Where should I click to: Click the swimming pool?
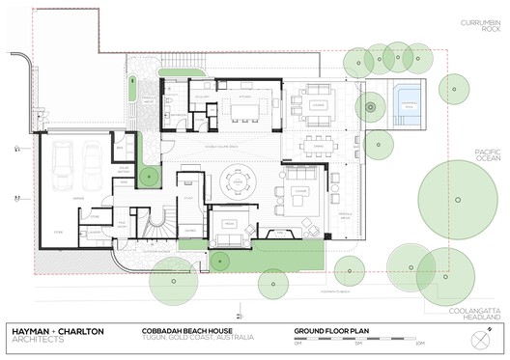pyautogui.click(x=407, y=104)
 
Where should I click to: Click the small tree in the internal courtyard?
pyautogui.click(x=147, y=178)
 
